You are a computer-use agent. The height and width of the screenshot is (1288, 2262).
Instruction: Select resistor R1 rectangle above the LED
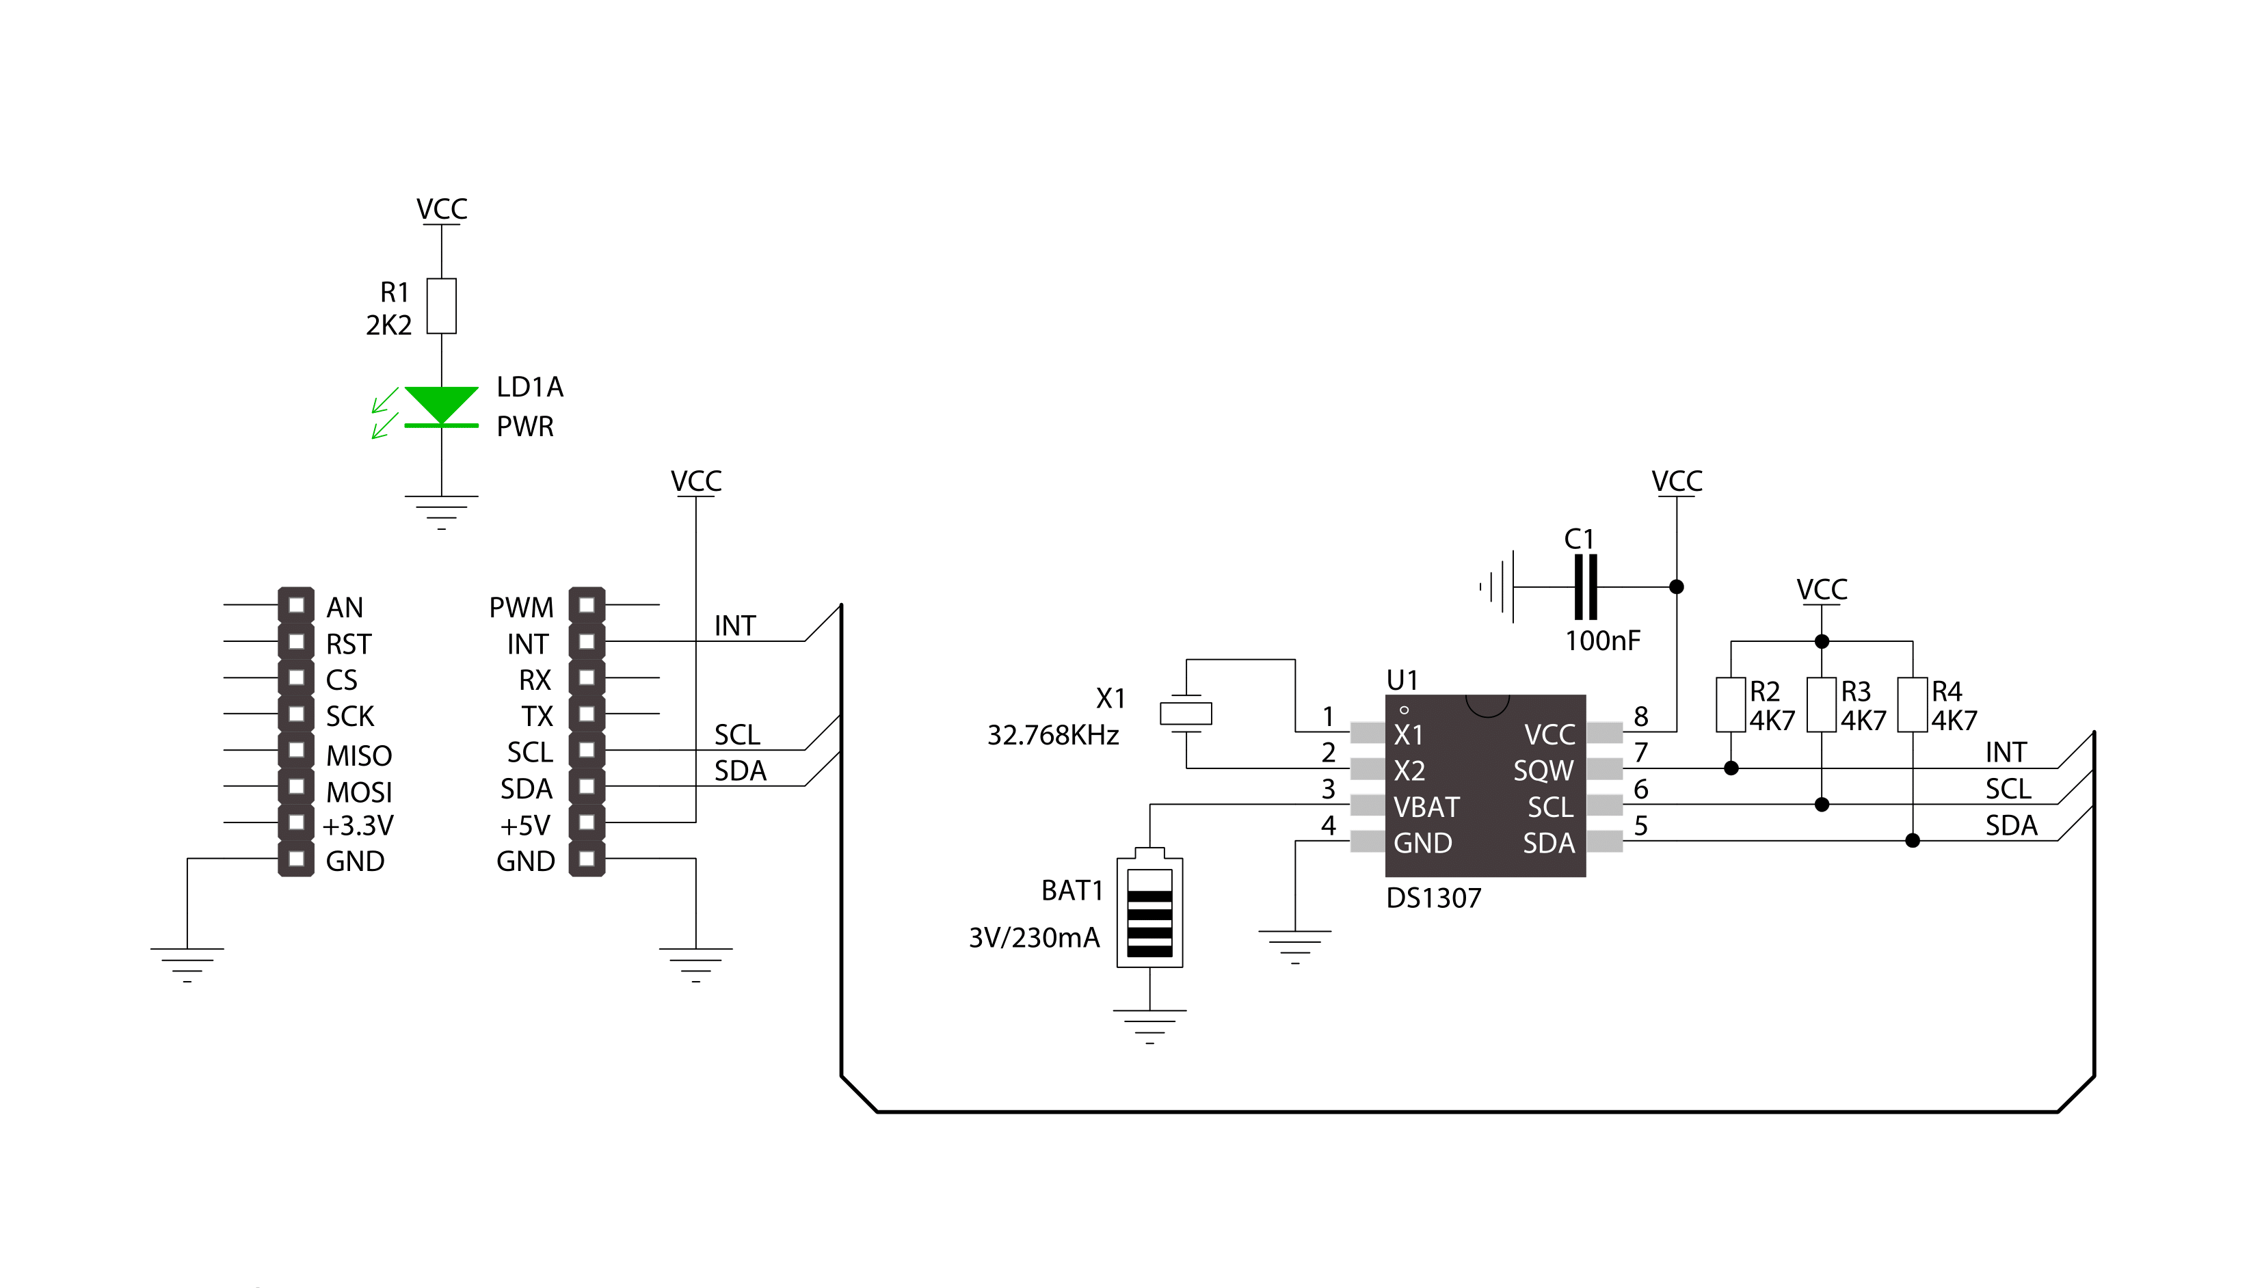point(442,306)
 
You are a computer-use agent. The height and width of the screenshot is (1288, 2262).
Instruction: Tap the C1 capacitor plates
point(1585,587)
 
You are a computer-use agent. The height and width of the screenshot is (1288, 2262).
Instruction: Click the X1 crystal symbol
point(1186,713)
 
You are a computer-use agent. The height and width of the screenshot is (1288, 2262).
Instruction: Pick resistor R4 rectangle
point(1913,704)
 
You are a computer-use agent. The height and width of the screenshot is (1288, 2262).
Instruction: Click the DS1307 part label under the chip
point(1433,898)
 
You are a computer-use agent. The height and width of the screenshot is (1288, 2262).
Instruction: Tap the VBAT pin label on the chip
point(1426,807)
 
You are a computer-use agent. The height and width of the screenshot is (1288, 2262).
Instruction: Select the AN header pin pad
point(296,605)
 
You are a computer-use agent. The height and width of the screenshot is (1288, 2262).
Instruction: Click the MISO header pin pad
point(296,750)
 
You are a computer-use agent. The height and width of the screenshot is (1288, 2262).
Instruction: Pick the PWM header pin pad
point(587,605)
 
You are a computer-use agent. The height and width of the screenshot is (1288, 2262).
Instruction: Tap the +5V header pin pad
point(587,822)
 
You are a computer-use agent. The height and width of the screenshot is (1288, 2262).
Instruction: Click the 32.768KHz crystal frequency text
point(1053,735)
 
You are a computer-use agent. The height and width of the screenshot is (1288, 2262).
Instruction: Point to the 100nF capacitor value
point(1602,641)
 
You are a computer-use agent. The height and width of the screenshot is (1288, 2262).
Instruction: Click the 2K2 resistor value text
point(388,325)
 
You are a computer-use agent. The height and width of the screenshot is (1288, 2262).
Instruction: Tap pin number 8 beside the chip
point(1641,716)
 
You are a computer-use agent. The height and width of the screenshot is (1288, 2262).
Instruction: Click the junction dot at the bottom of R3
point(1822,804)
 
